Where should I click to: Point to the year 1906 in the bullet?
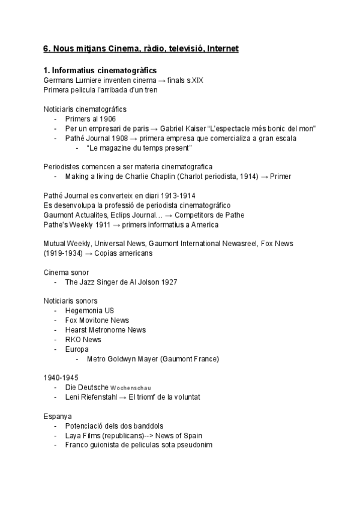point(107,119)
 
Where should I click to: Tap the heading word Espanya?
point(58,416)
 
